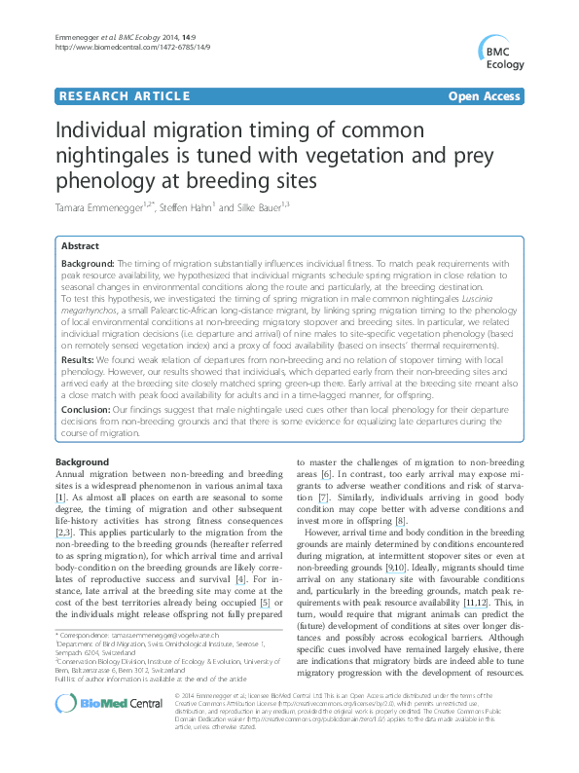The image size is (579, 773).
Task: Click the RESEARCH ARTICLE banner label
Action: (124, 95)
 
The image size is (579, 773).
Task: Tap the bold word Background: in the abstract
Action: (88, 264)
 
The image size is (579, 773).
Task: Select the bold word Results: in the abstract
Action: (79, 359)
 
